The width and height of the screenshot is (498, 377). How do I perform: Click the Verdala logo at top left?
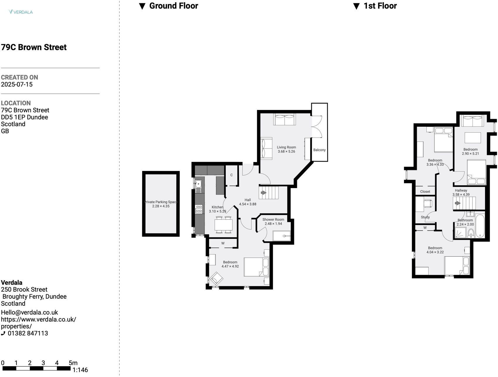click(x=21, y=12)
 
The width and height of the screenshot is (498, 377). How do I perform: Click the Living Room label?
click(x=286, y=147)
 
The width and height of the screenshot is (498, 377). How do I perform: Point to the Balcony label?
click(x=319, y=150)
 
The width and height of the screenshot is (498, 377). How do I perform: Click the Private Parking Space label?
click(x=161, y=202)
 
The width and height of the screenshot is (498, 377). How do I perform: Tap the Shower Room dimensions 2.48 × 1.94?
click(x=273, y=224)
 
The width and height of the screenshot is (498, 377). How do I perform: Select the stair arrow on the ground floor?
click(x=264, y=193)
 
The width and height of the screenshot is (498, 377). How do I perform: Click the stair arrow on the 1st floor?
click(x=457, y=203)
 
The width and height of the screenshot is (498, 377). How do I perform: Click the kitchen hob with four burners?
click(x=199, y=209)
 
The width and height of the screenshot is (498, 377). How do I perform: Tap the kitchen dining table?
click(x=224, y=225)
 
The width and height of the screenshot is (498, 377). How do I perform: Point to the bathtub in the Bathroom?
click(x=480, y=226)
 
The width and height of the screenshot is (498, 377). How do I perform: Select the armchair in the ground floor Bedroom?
click(x=216, y=278)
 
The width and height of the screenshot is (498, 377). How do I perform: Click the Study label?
click(x=425, y=217)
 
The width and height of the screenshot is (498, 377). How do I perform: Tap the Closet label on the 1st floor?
click(x=425, y=192)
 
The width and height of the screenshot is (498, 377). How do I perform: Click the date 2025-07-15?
click(x=17, y=84)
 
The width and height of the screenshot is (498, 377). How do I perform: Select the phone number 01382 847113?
click(x=28, y=333)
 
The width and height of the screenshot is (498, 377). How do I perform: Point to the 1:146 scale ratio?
click(x=80, y=370)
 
